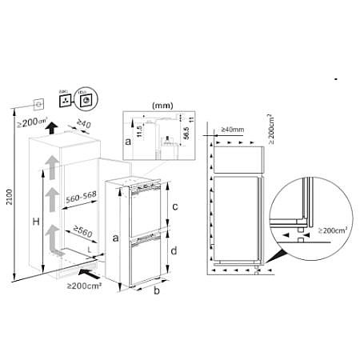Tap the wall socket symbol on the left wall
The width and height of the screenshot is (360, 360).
click(x=36, y=103)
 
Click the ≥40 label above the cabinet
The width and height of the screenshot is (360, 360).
click(x=84, y=125)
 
